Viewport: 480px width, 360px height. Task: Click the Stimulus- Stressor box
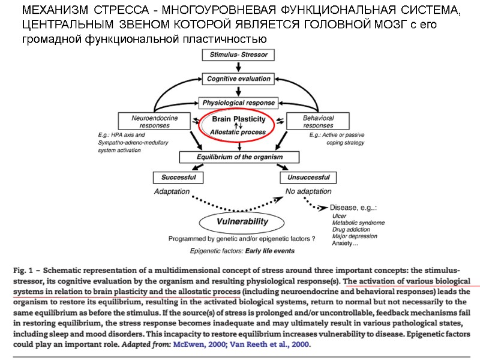click(239, 55)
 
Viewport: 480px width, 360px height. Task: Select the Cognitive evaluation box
click(239, 79)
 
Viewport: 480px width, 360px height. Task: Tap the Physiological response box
click(239, 102)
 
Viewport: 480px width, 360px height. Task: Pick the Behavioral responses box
click(318, 121)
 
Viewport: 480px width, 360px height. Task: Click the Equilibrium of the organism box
click(239, 157)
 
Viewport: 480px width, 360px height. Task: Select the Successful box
click(178, 178)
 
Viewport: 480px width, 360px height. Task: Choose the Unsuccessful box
click(308, 178)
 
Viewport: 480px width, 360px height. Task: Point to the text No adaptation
click(308, 191)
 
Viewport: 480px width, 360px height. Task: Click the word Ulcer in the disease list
click(339, 215)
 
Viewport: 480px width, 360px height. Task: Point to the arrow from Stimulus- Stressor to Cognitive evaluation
click(239, 67)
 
